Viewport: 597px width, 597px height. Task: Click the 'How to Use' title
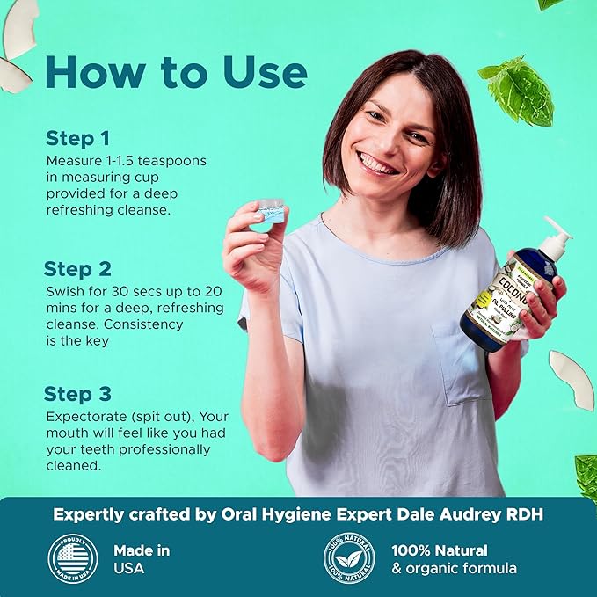176,73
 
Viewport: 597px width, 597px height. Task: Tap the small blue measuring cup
269,211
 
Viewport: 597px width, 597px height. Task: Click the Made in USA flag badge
72,559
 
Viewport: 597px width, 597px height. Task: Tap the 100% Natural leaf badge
349,559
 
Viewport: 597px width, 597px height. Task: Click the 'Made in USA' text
142,559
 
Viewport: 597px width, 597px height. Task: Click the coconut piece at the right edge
572,378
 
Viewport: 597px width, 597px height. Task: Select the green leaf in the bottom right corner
586,475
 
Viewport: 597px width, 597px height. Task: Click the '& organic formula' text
454,569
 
